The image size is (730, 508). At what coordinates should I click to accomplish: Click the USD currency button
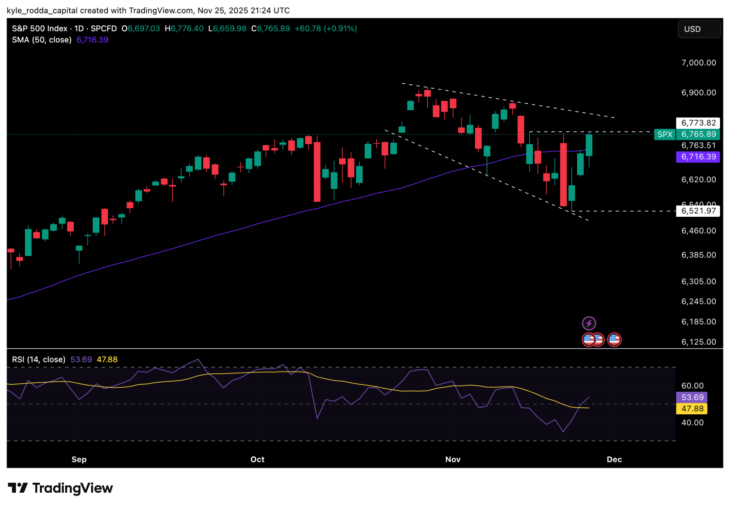tap(698, 29)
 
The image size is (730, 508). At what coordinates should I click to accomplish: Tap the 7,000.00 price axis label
tap(698, 63)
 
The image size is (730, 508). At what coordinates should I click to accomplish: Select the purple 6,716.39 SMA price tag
tap(698, 157)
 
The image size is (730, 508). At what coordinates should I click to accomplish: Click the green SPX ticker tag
tap(664, 134)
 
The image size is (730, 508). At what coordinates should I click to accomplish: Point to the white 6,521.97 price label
tap(698, 211)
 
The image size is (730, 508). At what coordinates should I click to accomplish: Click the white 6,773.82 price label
tap(698, 123)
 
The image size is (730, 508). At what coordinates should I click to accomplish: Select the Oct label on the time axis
tap(257, 459)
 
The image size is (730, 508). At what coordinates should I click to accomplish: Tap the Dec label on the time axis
tap(614, 459)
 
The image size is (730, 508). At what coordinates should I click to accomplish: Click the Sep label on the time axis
tap(79, 459)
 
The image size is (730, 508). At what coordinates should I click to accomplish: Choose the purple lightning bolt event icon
tap(588, 323)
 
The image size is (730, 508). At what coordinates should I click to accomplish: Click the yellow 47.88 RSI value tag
tap(692, 409)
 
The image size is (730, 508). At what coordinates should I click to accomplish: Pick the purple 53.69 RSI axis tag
tap(692, 397)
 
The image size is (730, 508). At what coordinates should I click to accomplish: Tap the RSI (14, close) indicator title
tap(38, 360)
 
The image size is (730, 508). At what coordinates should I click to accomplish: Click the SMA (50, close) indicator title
tap(41, 40)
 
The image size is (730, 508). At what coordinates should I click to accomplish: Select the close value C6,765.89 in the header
tap(271, 28)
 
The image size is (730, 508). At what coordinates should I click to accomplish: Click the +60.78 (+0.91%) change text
tap(325, 28)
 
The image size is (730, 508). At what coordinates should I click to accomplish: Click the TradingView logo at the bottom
tap(60, 488)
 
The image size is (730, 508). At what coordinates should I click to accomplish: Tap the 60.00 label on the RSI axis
tap(692, 386)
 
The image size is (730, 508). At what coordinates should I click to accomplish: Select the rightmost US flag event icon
tap(614, 340)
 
